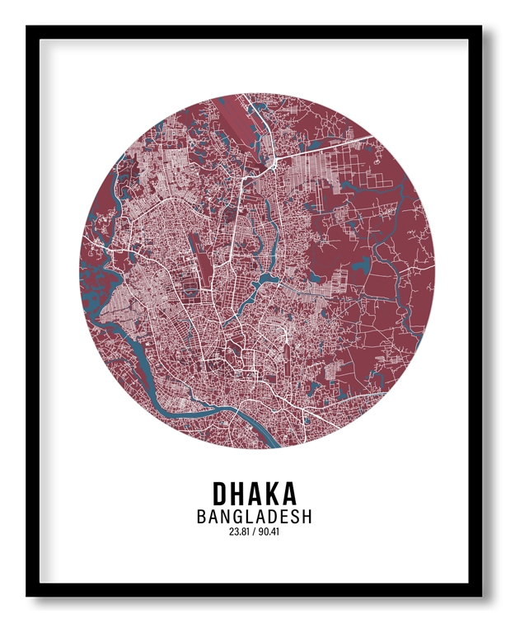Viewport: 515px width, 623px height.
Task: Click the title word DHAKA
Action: click(255, 493)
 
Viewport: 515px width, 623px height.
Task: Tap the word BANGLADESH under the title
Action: click(255, 518)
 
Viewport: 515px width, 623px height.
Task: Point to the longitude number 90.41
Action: click(269, 532)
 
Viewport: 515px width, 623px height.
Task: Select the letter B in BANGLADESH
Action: click(202, 518)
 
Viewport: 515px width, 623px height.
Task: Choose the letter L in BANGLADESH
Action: click(250, 518)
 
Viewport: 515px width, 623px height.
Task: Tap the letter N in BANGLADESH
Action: click(226, 518)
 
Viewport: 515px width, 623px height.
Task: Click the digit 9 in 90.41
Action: click(260, 532)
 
